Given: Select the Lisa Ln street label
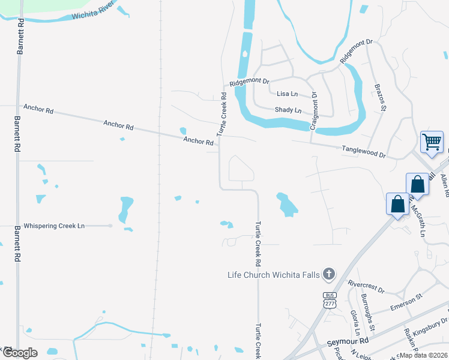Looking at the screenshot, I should pos(287,94).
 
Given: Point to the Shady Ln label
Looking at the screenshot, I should pos(288,110).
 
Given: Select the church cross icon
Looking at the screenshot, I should pos(328,275).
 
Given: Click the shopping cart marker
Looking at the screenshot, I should pos(432,142).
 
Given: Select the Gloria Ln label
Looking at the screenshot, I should pos(355,323).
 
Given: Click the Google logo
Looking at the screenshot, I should pos(20,353).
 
